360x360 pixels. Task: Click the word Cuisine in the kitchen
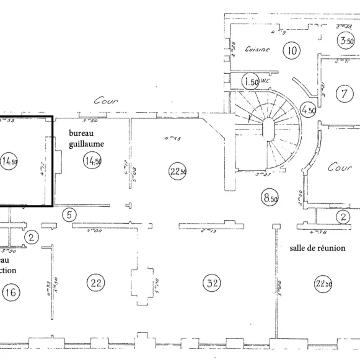[x=257, y=49]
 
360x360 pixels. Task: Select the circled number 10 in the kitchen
[x=292, y=50]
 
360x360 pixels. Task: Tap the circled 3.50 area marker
[x=346, y=42]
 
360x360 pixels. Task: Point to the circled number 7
[x=342, y=94]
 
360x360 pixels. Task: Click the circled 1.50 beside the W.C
[x=250, y=82]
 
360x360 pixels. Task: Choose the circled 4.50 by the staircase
[x=307, y=109]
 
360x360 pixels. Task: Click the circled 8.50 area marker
[x=270, y=198]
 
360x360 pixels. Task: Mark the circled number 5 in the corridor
[x=69, y=215]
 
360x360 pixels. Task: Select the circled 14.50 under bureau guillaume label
[x=92, y=162]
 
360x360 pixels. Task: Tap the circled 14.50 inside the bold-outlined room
[x=9, y=161]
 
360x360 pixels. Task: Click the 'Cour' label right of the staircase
[x=340, y=167]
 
